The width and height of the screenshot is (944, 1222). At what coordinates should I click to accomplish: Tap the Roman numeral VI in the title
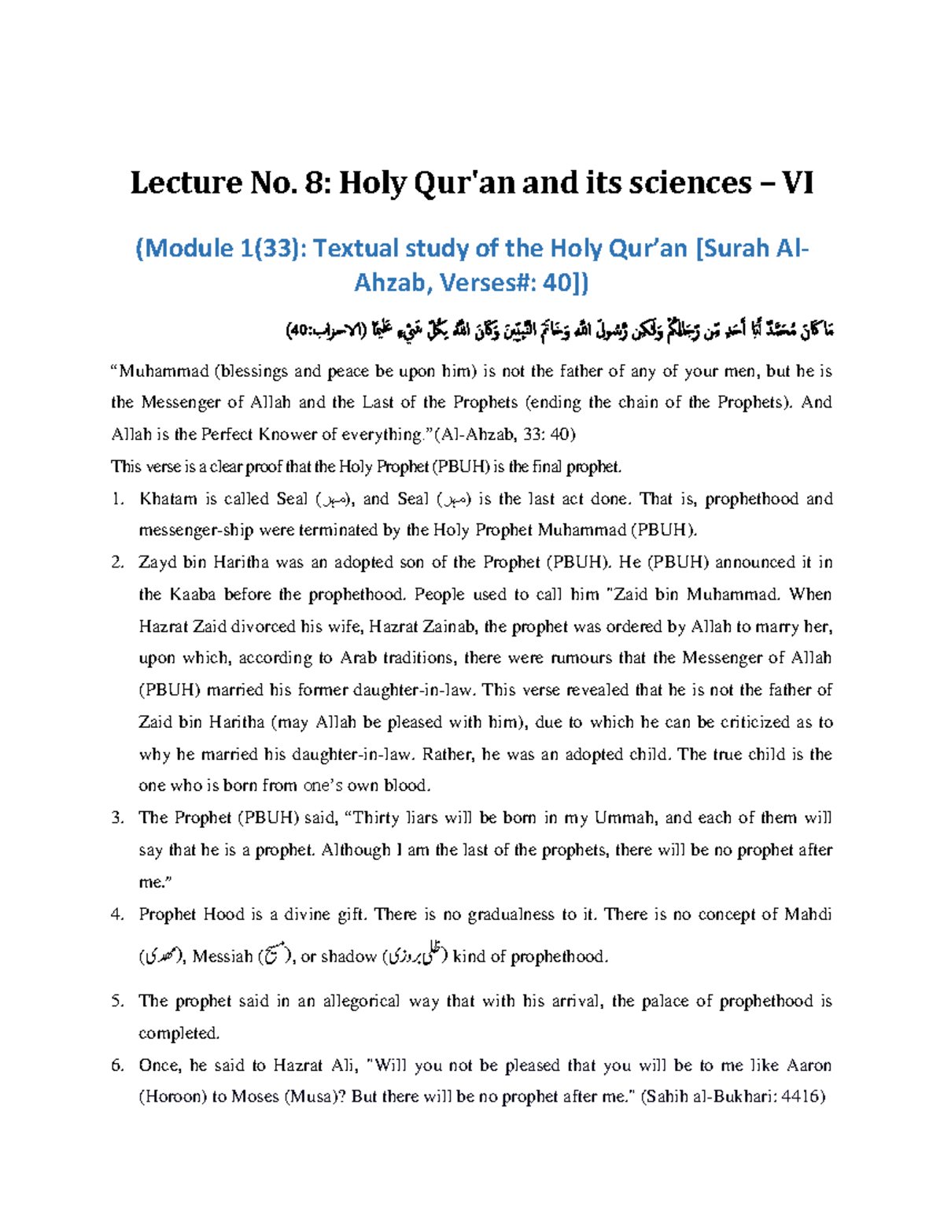pos(797,183)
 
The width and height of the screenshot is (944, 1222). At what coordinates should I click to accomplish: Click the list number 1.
pos(117,499)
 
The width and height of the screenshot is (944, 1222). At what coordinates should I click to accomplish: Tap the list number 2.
pos(117,563)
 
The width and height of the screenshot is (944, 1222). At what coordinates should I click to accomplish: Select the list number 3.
pos(117,818)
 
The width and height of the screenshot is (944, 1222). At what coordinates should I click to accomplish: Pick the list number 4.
pos(117,914)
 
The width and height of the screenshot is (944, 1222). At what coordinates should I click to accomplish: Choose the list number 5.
pos(117,1001)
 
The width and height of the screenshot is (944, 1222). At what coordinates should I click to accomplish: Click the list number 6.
pos(117,1065)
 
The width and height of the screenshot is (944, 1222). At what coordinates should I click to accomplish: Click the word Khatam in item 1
pos(168,499)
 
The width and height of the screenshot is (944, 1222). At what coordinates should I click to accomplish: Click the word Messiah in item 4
pos(222,957)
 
